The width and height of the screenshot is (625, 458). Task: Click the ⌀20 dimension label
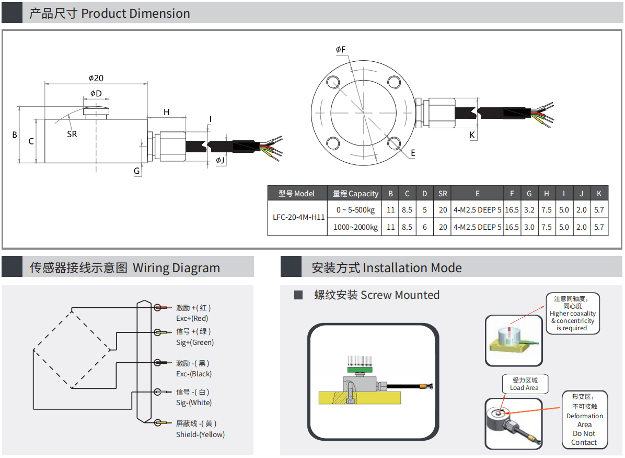click(96, 78)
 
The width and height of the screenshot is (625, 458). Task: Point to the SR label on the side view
click(72, 134)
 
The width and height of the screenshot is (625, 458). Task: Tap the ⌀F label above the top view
click(341, 50)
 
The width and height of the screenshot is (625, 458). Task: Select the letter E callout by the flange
click(413, 153)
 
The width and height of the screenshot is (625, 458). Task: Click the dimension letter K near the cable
click(472, 135)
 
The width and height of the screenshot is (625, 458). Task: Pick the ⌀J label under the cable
click(221, 160)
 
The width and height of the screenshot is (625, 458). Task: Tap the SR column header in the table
click(443, 194)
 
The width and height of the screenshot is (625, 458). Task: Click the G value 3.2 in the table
click(529, 210)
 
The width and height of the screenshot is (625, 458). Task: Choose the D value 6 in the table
click(424, 227)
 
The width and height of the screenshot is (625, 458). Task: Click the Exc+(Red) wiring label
click(192, 318)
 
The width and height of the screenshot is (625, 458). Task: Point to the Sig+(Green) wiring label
click(195, 342)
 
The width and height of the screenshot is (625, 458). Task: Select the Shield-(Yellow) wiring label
click(200, 434)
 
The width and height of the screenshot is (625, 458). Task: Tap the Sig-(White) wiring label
click(194, 403)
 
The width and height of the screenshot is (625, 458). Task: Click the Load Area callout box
click(524, 384)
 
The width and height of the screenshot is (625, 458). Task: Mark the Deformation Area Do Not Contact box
click(584, 420)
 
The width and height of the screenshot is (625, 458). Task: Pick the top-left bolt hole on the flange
click(333, 81)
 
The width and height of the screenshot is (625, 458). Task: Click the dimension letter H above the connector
click(167, 112)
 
